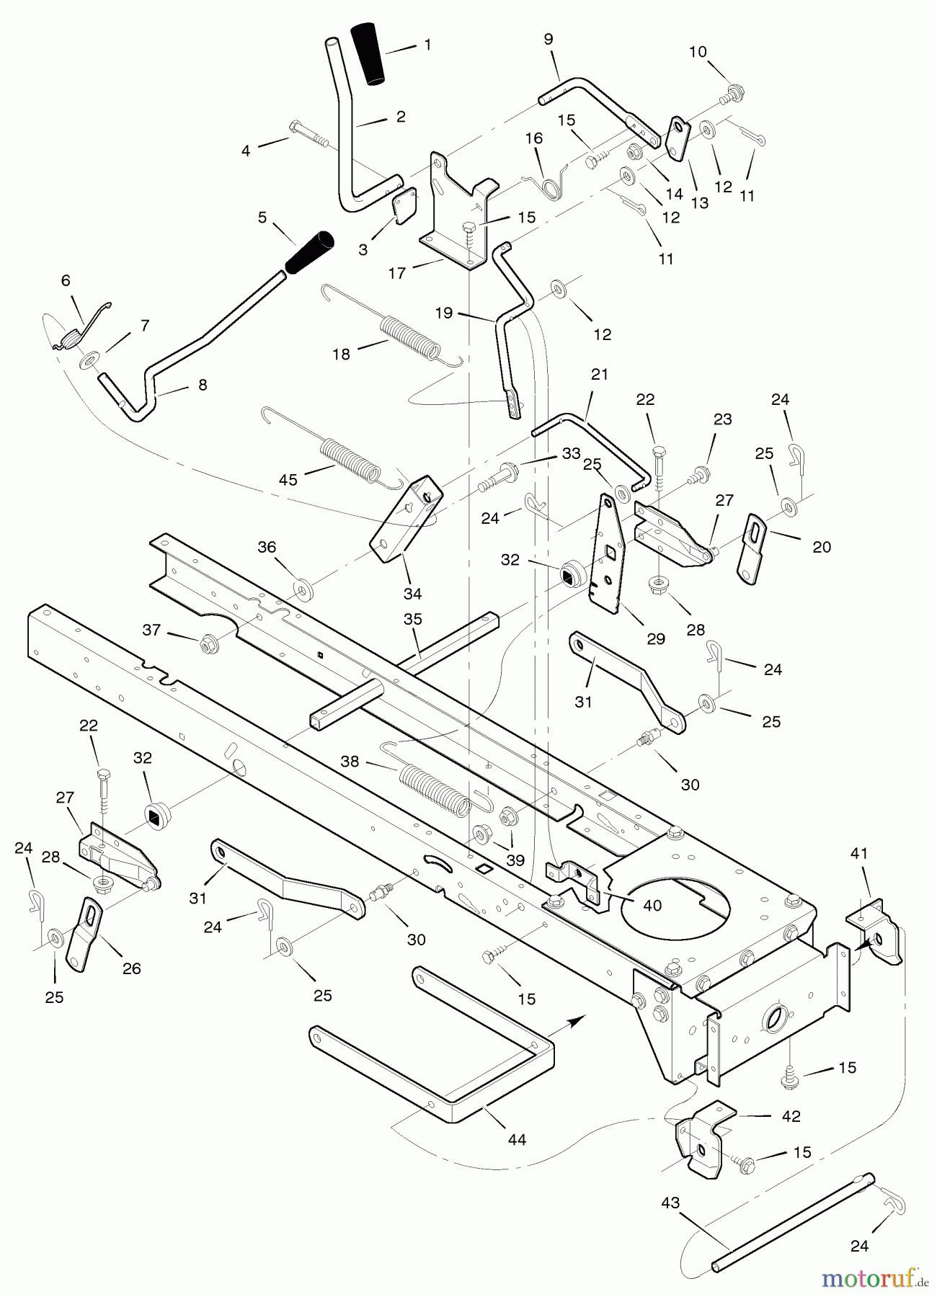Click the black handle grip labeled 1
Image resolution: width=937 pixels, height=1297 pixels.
click(x=368, y=54)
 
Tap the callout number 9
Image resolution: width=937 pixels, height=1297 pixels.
click(x=549, y=39)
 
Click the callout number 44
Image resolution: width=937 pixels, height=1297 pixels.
click(x=517, y=1139)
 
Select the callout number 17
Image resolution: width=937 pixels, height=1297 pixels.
click(x=397, y=273)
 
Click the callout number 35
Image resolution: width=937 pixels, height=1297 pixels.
click(x=413, y=619)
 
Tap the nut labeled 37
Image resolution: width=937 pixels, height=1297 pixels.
click(x=210, y=643)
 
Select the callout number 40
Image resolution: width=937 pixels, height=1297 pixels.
click(x=652, y=905)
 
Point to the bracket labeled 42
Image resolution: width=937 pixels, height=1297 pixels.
click(x=698, y=1138)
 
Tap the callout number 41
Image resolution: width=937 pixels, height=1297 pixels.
click(x=858, y=853)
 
